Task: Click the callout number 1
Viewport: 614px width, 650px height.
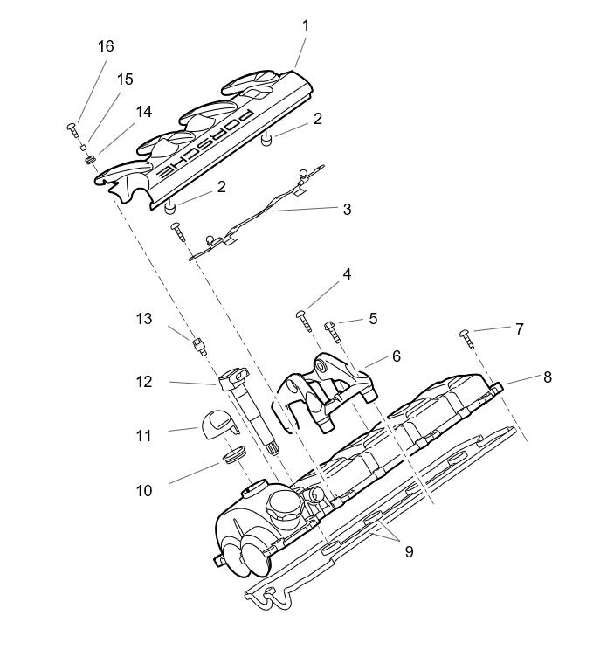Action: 306,25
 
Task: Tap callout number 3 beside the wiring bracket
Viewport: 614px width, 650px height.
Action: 347,209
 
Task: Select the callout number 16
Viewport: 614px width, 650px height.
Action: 106,46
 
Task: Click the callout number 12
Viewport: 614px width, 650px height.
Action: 143,382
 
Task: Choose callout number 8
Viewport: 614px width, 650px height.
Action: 548,377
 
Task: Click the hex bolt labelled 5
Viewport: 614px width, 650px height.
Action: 332,328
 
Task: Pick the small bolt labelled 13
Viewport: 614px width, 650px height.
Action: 199,347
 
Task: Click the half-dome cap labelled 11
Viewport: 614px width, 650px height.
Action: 217,425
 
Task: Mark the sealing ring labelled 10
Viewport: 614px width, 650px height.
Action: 233,456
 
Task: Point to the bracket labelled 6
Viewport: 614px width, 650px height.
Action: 328,384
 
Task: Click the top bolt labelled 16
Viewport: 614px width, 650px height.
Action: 72,128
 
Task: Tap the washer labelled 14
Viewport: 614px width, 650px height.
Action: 90,160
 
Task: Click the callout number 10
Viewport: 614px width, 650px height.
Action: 143,491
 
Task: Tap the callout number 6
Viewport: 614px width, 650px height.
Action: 396,356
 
